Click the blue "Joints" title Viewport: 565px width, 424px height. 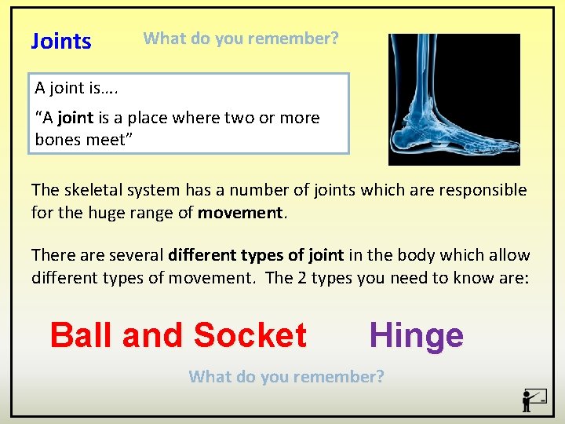(x=61, y=42)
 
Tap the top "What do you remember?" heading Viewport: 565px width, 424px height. (x=241, y=38)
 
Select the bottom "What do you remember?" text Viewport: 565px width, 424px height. (x=286, y=377)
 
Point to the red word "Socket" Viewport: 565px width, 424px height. (x=250, y=335)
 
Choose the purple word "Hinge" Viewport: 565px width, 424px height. (x=416, y=335)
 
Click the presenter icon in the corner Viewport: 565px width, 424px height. (x=534, y=400)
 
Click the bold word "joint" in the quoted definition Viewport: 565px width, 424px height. (x=75, y=118)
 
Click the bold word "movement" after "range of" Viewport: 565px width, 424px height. (x=242, y=212)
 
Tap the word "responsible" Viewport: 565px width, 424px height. (x=481, y=190)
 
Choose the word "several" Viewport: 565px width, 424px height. (x=137, y=255)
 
